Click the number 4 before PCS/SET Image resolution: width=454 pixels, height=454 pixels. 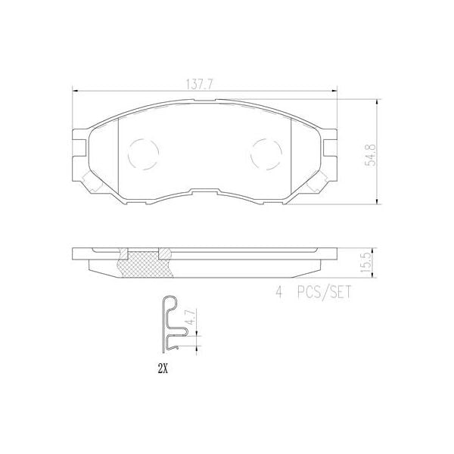(278, 292)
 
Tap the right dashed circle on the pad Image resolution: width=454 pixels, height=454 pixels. (264, 154)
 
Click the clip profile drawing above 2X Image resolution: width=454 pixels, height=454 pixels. (172, 325)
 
